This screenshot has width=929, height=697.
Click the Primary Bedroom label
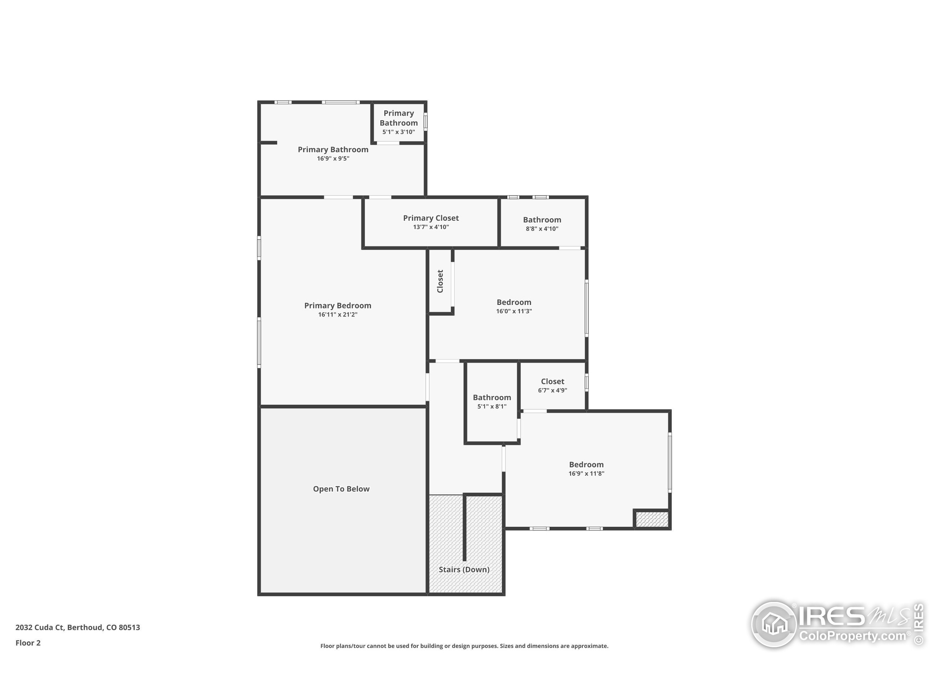click(x=337, y=305)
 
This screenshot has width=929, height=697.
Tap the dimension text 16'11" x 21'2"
click(x=337, y=315)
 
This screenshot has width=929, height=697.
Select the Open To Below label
click(x=341, y=489)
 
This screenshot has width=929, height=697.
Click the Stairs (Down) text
click(x=464, y=569)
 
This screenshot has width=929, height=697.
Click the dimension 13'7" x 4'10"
click(x=431, y=227)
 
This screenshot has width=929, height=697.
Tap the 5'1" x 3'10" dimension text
click(x=398, y=132)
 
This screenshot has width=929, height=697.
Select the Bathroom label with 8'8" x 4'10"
click(x=542, y=220)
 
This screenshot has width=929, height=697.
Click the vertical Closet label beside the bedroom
click(x=440, y=281)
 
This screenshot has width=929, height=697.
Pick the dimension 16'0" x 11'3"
click(x=513, y=311)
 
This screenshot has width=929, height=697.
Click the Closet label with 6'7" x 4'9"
click(x=552, y=381)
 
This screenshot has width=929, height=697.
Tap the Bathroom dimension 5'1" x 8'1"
click(x=492, y=406)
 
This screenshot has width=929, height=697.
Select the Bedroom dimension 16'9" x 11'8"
click(x=586, y=473)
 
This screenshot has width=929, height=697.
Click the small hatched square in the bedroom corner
click(x=651, y=519)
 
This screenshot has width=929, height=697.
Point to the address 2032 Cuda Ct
click(x=40, y=627)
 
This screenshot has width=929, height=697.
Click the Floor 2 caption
click(x=28, y=643)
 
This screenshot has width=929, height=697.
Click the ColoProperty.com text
click(x=852, y=636)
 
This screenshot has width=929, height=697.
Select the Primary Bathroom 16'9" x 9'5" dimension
click(x=333, y=158)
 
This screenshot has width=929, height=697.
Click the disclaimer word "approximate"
click(x=593, y=646)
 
